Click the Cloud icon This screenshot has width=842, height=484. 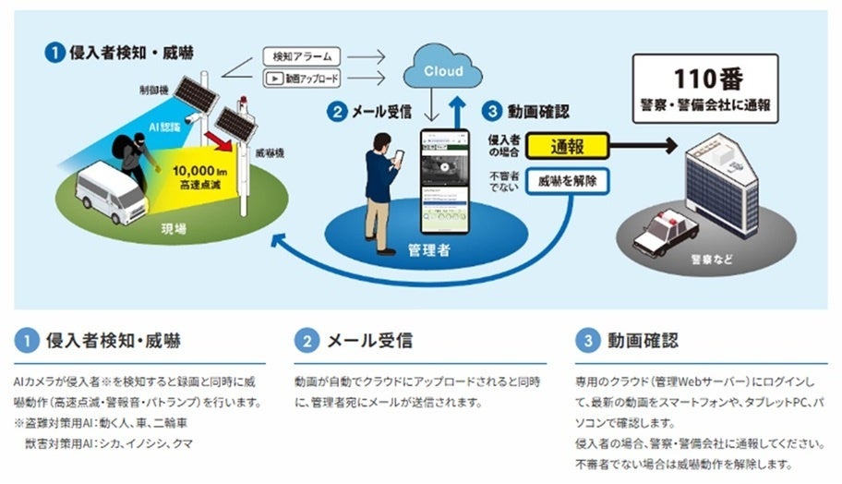click(444, 69)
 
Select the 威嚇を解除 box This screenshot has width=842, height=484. click(567, 180)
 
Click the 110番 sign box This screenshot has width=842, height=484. click(704, 89)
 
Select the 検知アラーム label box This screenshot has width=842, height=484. click(302, 57)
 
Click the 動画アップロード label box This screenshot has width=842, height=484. click(302, 78)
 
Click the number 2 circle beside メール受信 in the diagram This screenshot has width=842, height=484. click(339, 113)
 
